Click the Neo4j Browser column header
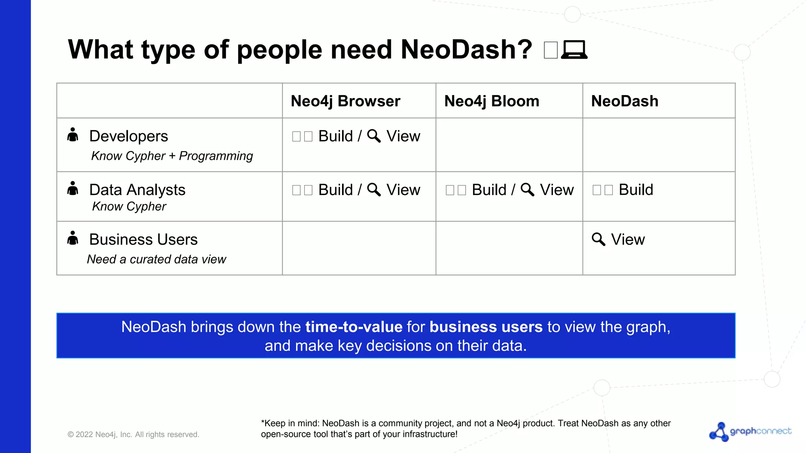point(345,101)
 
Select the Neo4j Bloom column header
point(492,101)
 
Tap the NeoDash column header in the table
point(625,101)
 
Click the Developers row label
point(129,136)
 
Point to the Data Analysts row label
point(137,190)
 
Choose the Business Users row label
point(143,239)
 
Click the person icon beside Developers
point(73,134)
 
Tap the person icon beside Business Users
point(73,238)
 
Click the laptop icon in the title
point(574,50)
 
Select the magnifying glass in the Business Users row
point(598,239)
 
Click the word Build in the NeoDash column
point(636,190)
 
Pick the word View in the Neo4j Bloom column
point(556,190)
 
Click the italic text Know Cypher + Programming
point(172,156)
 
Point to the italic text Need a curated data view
point(156,259)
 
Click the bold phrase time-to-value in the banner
point(354,327)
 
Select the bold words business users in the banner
point(486,327)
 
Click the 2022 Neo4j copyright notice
point(133,435)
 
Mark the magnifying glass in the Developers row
point(373,136)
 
